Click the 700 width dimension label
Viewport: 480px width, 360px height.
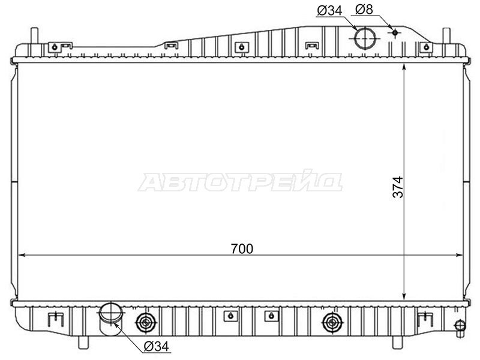pyautogui.click(x=242, y=248)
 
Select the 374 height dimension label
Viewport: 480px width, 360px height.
pyautogui.click(x=398, y=187)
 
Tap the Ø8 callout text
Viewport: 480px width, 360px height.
pyautogui.click(x=364, y=10)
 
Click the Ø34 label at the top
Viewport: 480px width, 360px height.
pyautogui.click(x=329, y=11)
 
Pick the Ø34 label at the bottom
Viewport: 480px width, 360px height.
pyautogui.click(x=157, y=346)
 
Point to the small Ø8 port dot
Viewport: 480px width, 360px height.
pyautogui.click(x=395, y=32)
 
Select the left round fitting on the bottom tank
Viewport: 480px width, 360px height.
pyautogui.click(x=146, y=322)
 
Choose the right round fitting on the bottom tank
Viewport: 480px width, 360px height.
pyautogui.click(x=333, y=322)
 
